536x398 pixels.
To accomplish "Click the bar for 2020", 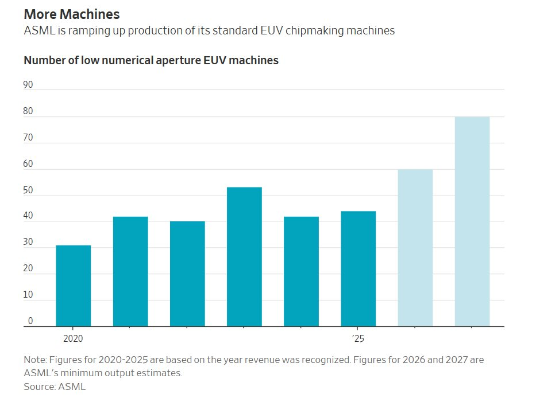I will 73,286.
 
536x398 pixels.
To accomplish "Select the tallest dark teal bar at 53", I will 244,256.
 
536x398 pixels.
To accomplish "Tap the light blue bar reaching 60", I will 415,248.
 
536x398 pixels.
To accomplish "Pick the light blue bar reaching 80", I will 472,221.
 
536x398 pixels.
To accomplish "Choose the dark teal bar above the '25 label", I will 358,268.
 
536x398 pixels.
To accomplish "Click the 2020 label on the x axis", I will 73,338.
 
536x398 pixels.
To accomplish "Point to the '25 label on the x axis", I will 358,338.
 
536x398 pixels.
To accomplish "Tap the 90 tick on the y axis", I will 28,85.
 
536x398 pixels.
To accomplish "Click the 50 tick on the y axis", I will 28,190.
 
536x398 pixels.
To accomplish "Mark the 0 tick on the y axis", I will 30,321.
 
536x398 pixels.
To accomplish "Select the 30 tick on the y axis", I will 28,243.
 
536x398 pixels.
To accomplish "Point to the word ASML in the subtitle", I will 38,31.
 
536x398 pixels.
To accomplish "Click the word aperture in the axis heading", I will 168,60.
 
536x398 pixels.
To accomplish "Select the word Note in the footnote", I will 34,360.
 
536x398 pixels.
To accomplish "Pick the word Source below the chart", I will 40,387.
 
